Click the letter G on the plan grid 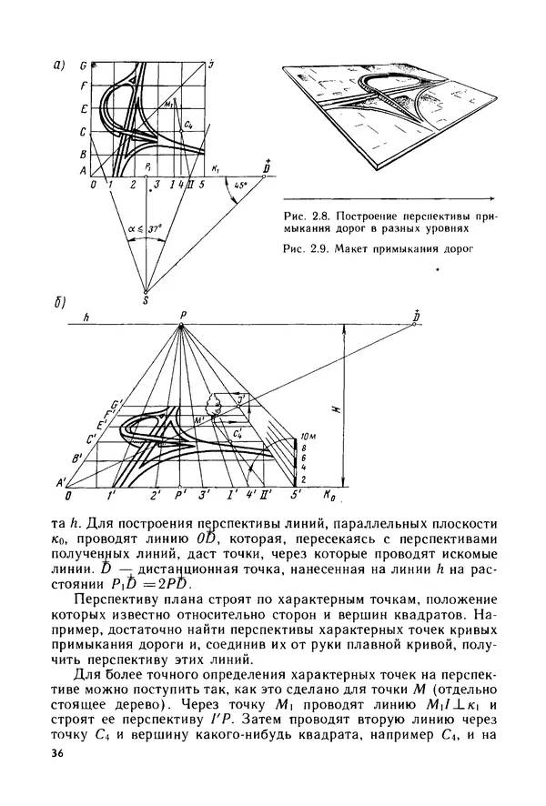83,66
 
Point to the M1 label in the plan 169,106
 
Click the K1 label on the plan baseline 216,169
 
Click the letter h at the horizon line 84,317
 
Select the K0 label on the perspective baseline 329,498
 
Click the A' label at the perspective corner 63,482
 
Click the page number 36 59,754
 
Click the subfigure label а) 60,65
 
